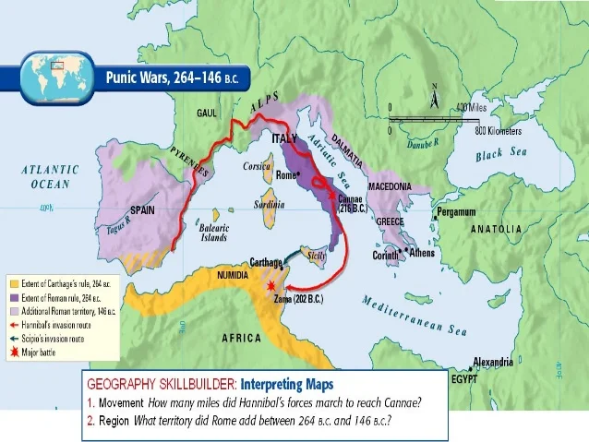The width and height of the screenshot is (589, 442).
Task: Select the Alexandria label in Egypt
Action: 493,362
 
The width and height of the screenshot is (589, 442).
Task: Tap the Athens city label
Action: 421,252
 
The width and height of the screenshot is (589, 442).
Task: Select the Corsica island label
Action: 256,167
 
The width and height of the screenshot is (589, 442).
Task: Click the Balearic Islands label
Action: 214,232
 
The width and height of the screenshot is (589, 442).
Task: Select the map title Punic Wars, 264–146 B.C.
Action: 173,78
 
